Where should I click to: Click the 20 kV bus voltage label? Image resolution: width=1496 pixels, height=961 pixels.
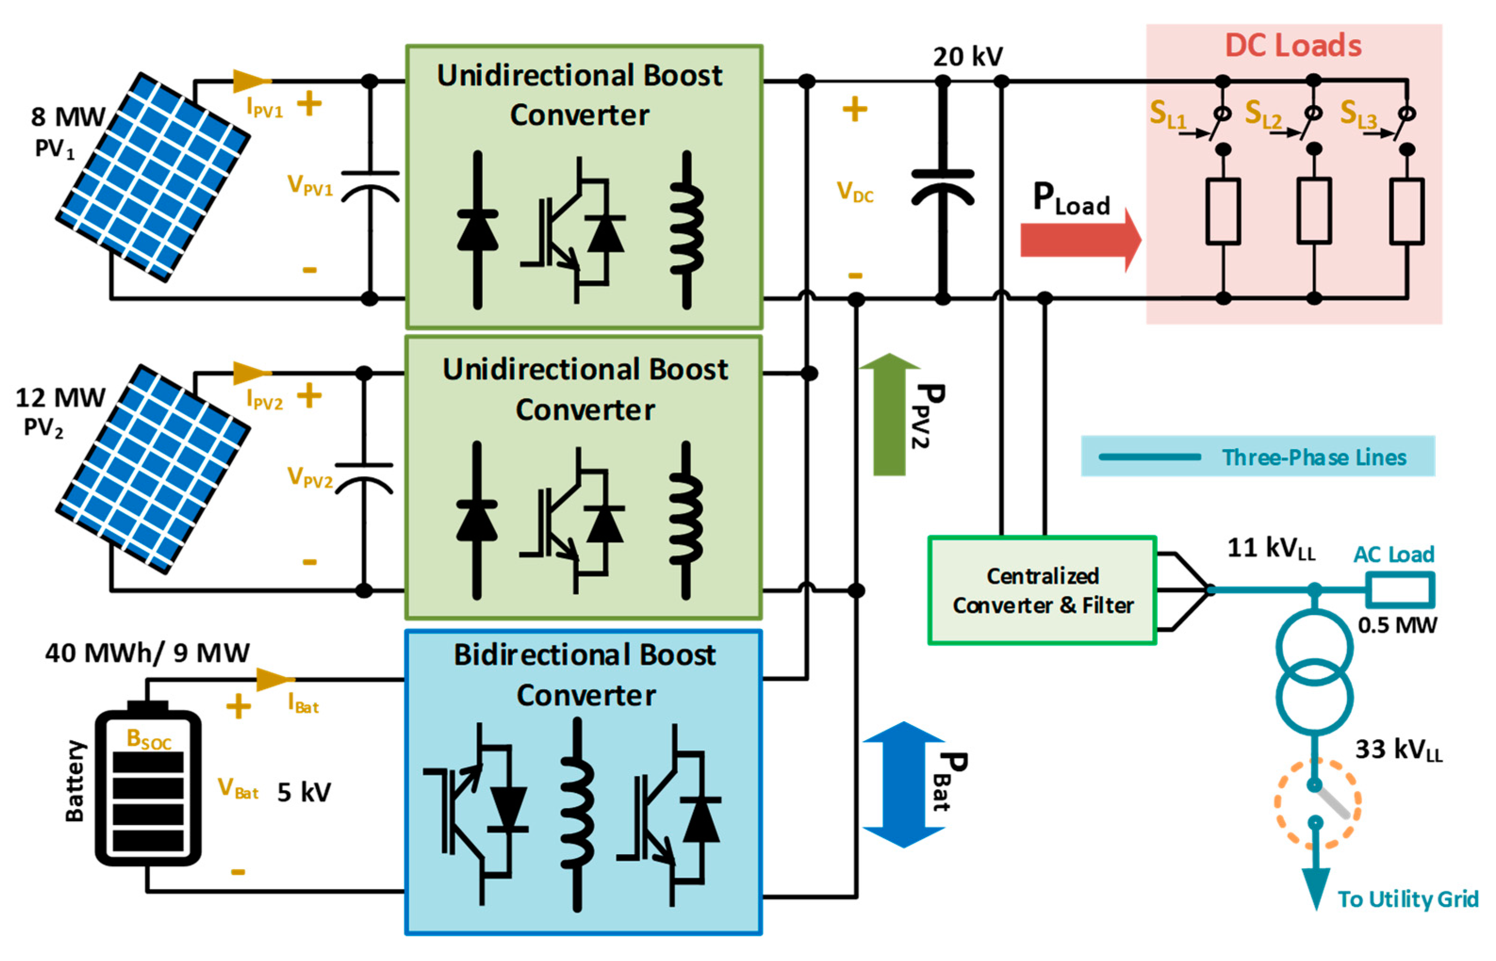click(967, 57)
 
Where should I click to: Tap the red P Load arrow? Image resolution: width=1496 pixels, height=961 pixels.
click(1080, 240)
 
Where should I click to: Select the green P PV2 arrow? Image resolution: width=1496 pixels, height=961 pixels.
click(889, 414)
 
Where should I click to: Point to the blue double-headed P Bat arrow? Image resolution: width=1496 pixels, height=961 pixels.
click(903, 784)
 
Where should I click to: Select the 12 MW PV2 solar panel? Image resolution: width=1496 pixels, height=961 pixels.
click(153, 469)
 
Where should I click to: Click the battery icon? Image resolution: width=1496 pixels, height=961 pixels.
click(148, 783)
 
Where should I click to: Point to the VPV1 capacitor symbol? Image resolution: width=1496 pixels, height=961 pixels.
click(369, 186)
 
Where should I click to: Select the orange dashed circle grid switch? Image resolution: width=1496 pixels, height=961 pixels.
click(1317, 804)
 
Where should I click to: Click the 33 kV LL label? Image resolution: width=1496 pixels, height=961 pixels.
click(1398, 750)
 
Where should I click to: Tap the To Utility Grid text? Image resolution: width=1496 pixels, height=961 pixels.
click(1408, 899)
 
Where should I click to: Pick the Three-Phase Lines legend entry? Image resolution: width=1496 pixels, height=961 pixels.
click(1258, 456)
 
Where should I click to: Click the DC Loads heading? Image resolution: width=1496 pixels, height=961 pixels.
click(1293, 46)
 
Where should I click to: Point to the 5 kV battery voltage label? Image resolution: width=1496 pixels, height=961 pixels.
click(304, 792)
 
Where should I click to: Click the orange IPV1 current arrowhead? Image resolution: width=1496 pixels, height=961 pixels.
click(252, 81)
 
